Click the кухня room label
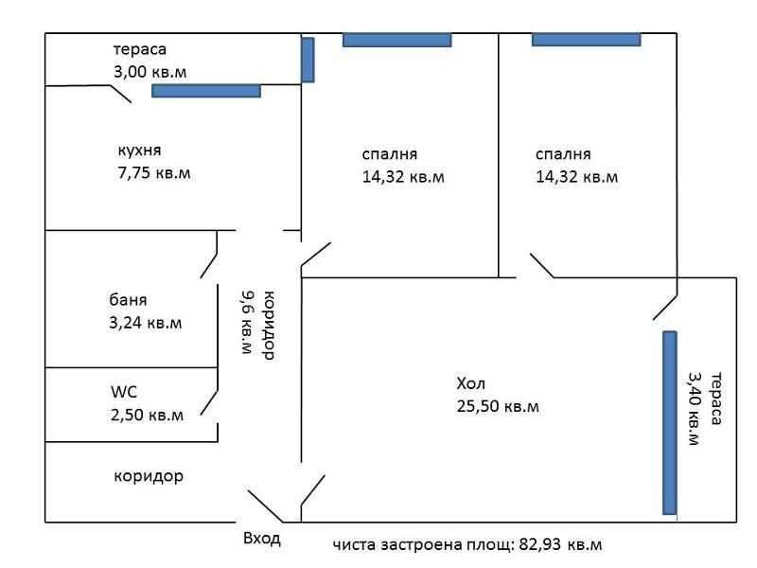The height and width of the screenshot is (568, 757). point(139,151)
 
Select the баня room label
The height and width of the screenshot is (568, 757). point(128,300)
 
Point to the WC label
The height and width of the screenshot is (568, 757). point(124,391)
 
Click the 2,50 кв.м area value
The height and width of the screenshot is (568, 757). point(146,415)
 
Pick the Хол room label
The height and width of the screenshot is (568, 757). point(469,384)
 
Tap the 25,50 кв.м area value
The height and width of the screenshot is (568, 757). point(497,407)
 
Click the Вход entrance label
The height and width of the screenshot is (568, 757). point(262,539)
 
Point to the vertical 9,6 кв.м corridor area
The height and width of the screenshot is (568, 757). point(248,322)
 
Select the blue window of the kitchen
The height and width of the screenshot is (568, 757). point(206,91)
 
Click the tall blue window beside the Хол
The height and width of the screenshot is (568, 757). point(670,422)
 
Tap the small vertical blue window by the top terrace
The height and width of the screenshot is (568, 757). point(308,60)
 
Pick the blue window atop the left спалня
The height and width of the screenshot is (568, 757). point(396,40)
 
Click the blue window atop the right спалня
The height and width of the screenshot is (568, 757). point(586,40)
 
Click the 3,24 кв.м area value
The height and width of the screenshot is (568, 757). point(145,324)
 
